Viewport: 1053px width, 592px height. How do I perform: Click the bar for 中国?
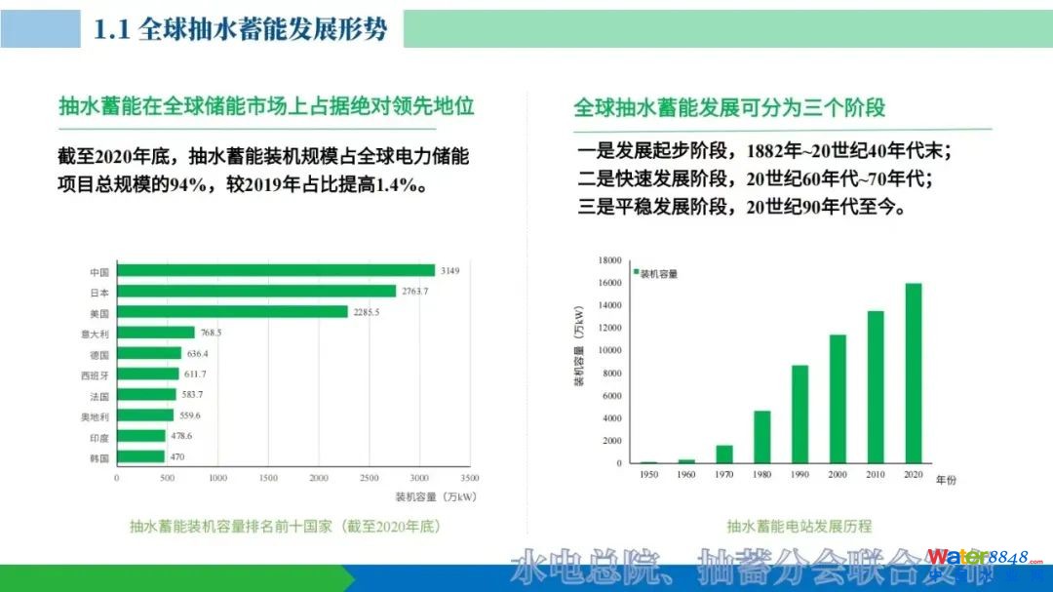(276, 270)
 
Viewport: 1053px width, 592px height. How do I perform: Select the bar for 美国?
(232, 312)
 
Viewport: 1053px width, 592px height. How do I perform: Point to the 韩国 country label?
(98, 457)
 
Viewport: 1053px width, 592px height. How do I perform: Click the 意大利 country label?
(96, 334)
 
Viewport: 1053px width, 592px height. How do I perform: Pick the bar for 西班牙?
(148, 375)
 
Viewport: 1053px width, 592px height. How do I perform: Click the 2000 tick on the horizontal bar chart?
(319, 478)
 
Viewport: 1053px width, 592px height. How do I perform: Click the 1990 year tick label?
(799, 474)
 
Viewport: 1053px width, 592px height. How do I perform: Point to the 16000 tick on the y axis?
(609, 283)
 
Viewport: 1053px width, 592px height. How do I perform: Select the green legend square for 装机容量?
(636, 273)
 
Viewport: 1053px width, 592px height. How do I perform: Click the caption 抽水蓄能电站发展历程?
(799, 527)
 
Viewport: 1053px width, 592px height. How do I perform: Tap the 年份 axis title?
(946, 481)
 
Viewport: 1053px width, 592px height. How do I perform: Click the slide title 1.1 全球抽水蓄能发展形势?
(240, 29)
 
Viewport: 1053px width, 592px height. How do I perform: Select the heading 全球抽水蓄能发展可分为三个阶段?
(729, 107)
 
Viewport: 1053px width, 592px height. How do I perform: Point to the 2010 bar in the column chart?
(876, 386)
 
